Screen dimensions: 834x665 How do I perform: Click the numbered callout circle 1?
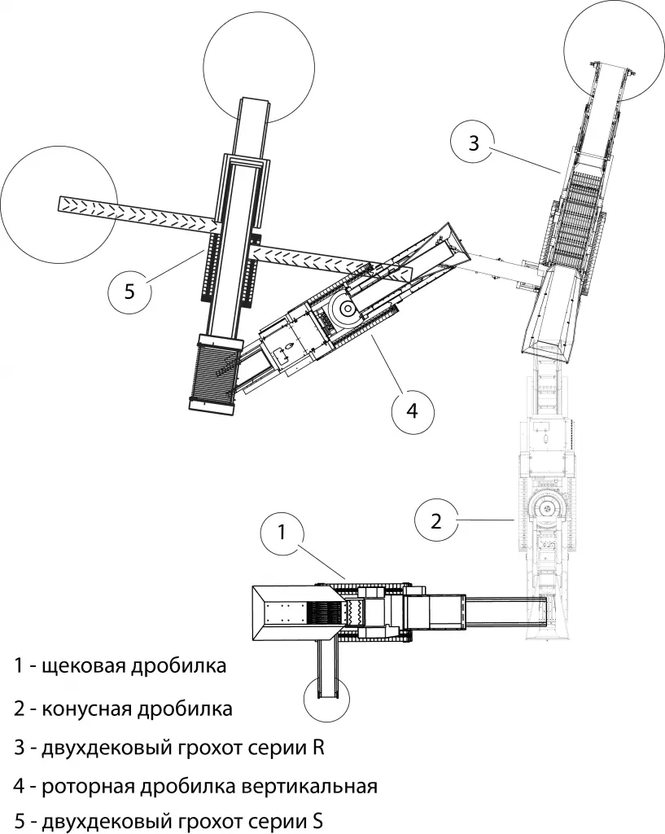coord(282,533)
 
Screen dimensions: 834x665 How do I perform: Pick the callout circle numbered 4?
coord(412,410)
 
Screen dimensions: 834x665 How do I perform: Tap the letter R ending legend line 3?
coord(318,748)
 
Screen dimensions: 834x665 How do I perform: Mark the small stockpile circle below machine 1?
coord(326,700)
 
